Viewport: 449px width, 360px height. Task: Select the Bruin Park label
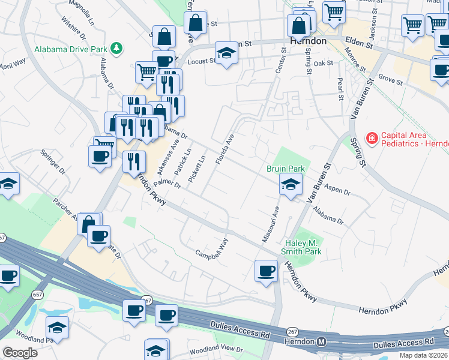coord(286,169)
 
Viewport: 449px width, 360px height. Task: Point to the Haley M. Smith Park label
coord(303,247)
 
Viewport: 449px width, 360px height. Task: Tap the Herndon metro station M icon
coord(322,341)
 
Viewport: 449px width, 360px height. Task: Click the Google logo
coord(20,353)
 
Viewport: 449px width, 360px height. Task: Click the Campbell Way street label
coord(212,249)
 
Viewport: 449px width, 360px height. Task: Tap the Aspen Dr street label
coord(337,190)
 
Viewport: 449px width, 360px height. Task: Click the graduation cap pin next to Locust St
coord(227,53)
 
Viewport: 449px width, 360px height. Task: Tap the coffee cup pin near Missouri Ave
coord(266,271)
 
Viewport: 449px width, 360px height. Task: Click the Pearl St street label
coord(340,89)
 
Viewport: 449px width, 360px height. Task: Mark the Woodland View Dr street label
coord(215,349)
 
